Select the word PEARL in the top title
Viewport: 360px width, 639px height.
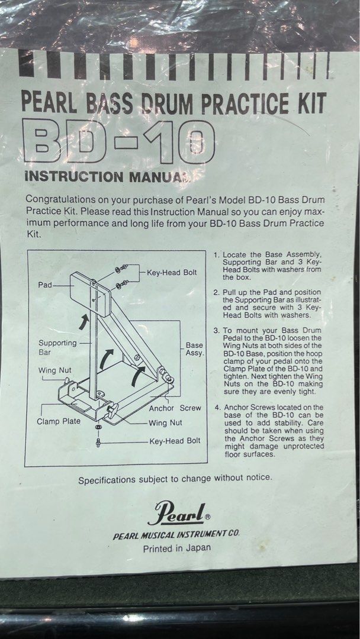coord(49,103)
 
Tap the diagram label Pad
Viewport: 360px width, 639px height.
coord(45,285)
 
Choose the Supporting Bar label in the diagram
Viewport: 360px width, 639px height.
coord(57,347)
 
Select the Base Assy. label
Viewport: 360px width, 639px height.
coord(194,349)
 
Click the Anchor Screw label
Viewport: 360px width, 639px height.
coord(175,408)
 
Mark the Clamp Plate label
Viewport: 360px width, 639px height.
coord(59,421)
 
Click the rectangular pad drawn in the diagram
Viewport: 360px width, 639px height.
coord(89,294)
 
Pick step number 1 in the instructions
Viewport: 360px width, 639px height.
coord(217,255)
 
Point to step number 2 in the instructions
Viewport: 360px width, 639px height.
coord(217,292)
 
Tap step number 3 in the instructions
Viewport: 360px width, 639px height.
coord(217,330)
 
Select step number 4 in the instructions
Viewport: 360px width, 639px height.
coord(217,407)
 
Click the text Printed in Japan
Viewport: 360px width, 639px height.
coord(177,548)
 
